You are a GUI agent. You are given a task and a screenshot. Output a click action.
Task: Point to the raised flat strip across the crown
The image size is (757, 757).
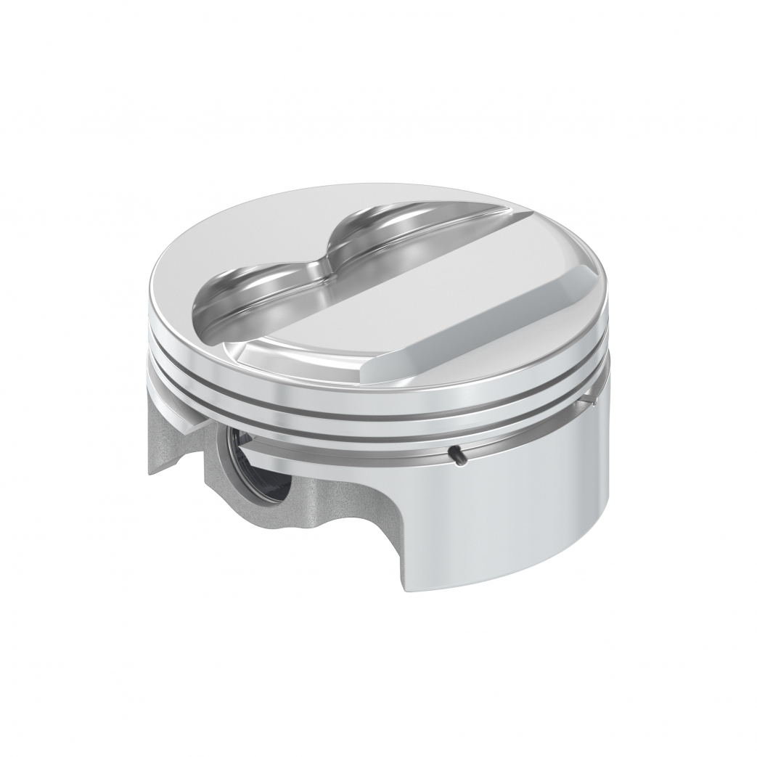coord(406,290)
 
